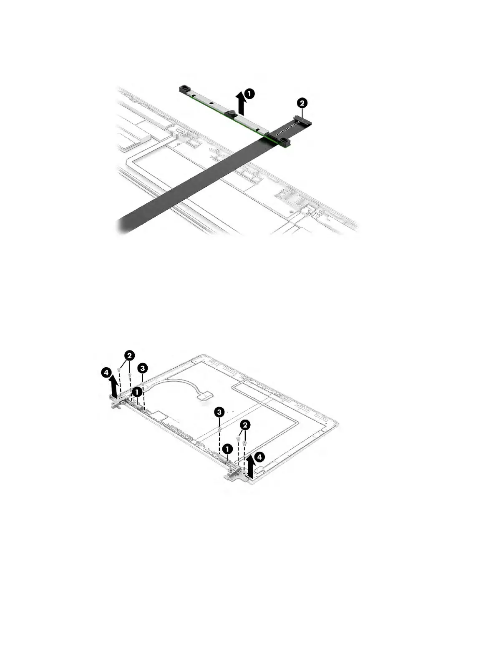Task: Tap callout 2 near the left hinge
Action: (x=129, y=355)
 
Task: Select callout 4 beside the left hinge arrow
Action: (x=107, y=371)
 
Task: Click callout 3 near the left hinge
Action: (x=143, y=368)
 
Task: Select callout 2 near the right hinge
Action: (x=246, y=425)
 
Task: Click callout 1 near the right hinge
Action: (x=227, y=448)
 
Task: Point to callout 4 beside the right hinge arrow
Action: (x=259, y=457)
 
